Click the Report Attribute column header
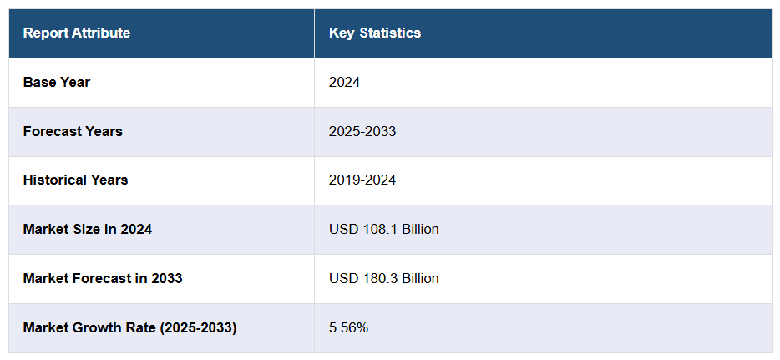point(77,33)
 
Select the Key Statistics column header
point(375,33)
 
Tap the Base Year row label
point(57,82)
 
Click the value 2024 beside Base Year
point(344,82)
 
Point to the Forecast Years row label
point(73,131)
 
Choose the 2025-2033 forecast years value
point(362,131)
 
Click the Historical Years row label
point(75,180)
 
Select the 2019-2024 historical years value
point(362,180)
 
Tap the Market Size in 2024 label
point(88,229)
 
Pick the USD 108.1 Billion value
point(384,229)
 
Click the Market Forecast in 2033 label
point(103,278)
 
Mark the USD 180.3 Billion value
point(384,278)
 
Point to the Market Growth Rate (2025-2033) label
point(129,327)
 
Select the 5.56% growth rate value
point(349,327)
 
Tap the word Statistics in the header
point(391,33)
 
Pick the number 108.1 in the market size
point(377,229)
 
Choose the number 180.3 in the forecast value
point(377,278)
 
